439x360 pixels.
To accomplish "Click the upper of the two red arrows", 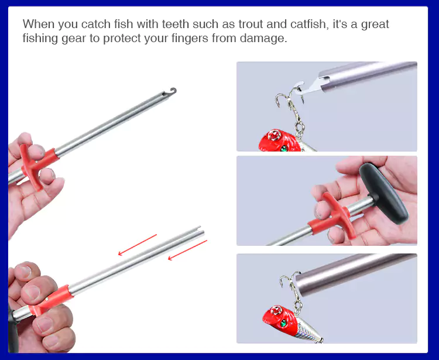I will coord(138,245).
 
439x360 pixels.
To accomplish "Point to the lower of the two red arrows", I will coord(187,249).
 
